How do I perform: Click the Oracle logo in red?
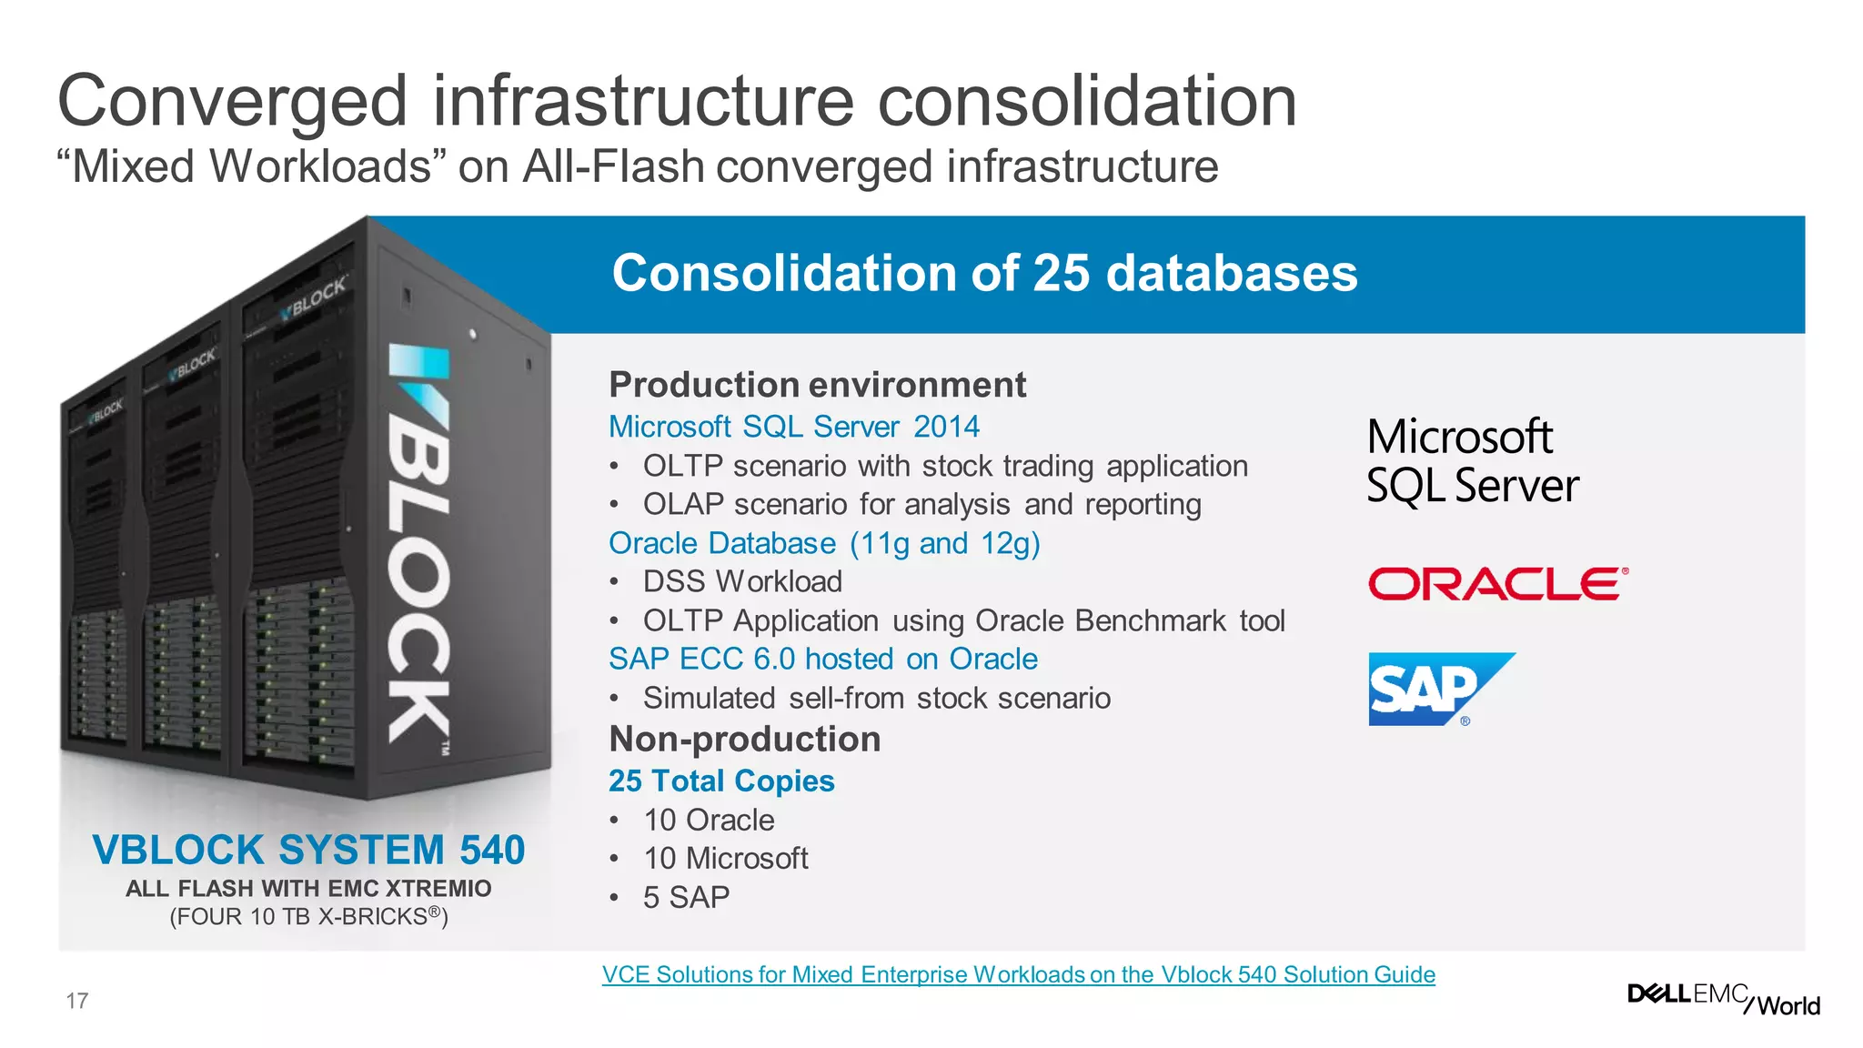[x=1497, y=584]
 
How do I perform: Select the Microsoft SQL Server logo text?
[x=1472, y=460]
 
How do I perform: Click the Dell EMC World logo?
[x=1723, y=998]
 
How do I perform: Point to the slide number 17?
[x=77, y=1001]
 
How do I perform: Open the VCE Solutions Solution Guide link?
[x=1018, y=974]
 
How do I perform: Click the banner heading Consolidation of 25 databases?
[x=984, y=273]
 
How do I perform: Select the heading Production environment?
[x=817, y=385]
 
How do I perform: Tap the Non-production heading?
[x=744, y=739]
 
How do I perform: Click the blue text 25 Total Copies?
[x=721, y=781]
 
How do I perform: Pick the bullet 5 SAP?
[x=686, y=897]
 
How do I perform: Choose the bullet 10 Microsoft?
[x=725, y=858]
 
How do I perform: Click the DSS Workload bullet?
[x=741, y=581]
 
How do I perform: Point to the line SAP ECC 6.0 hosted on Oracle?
[x=822, y=659]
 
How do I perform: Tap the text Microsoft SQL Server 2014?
[x=793, y=426]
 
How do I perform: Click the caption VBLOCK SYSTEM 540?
[x=308, y=850]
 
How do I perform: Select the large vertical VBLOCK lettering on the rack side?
[x=418, y=546]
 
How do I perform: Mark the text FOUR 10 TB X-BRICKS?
[x=308, y=916]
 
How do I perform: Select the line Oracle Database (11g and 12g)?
[x=824, y=543]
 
